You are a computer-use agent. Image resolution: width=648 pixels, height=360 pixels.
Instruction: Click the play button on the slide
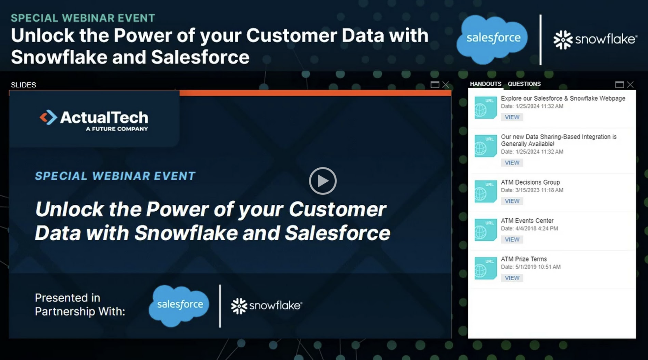[x=323, y=181]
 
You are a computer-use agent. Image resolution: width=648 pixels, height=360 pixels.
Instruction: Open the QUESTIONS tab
[x=524, y=84]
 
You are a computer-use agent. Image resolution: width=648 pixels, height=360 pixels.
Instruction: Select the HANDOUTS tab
[x=485, y=84]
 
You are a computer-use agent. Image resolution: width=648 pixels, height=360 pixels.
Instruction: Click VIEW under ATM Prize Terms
[x=512, y=278]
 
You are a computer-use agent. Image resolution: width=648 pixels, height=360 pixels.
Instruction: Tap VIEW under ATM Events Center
[x=512, y=240]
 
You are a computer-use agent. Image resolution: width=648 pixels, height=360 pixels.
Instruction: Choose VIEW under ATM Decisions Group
[x=512, y=201]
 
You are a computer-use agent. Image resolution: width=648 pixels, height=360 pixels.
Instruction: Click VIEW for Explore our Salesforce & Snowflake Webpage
[x=512, y=117]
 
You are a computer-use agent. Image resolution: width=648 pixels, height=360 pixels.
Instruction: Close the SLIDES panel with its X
[x=445, y=85]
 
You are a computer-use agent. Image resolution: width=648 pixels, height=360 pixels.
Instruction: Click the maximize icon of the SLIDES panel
[x=435, y=85]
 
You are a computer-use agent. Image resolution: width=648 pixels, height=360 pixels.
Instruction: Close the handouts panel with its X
[x=630, y=85]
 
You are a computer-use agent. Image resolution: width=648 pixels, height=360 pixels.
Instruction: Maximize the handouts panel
[x=619, y=85]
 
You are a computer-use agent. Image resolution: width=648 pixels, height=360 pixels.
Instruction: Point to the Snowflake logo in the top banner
[x=595, y=39]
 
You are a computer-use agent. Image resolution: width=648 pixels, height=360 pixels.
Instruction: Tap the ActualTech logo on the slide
[x=94, y=120]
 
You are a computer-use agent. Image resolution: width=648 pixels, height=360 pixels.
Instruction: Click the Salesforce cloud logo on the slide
[x=179, y=305]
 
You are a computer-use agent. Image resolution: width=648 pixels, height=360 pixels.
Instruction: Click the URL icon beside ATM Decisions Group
[x=485, y=191]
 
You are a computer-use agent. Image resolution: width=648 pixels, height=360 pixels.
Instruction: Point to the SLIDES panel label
[x=23, y=85]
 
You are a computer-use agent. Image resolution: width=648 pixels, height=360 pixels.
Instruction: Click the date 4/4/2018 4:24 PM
[x=536, y=229]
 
